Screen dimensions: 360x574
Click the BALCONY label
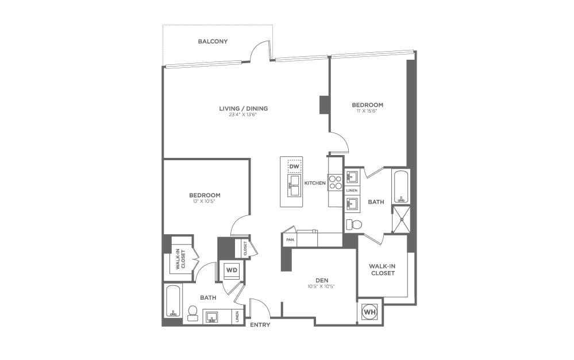pyautogui.click(x=213, y=41)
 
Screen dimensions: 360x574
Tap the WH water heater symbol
pyautogui.click(x=369, y=312)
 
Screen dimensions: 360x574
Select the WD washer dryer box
pyautogui.click(x=232, y=269)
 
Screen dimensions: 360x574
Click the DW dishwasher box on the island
pyautogui.click(x=294, y=167)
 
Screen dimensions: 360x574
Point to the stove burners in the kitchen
pyautogui.click(x=335, y=183)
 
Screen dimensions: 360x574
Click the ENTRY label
pyautogui.click(x=260, y=325)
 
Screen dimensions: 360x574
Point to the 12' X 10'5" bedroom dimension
pyautogui.click(x=206, y=201)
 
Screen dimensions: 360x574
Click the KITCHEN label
pyautogui.click(x=315, y=183)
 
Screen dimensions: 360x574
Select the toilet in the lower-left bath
pyautogui.click(x=193, y=312)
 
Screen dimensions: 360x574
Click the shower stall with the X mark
pyautogui.click(x=402, y=219)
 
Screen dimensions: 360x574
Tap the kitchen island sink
pyautogui.click(x=294, y=185)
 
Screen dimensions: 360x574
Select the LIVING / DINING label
pyautogui.click(x=243, y=108)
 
